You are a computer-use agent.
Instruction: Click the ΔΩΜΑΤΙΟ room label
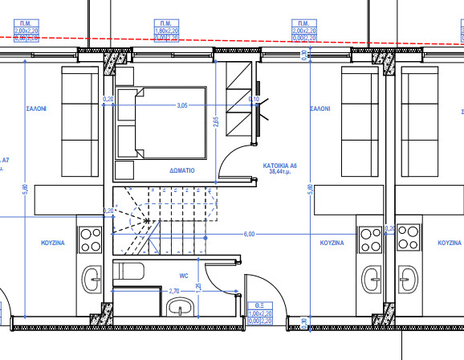(x=183, y=171)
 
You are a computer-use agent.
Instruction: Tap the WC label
(x=183, y=276)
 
